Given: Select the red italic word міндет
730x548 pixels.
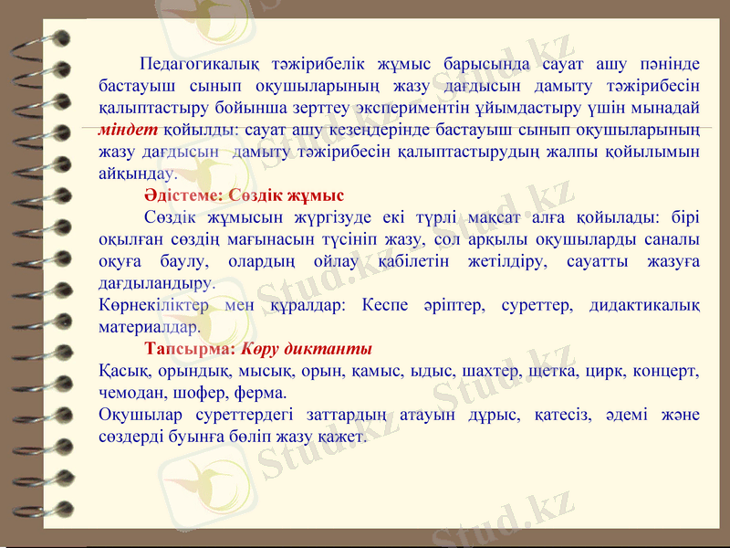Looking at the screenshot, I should [128, 129].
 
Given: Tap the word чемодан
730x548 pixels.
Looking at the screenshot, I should [130, 394].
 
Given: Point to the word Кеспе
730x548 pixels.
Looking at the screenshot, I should [384, 305].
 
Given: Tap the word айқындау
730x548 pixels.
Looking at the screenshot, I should [137, 173].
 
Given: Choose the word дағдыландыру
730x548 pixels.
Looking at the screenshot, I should [156, 284].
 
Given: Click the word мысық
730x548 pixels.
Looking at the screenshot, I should [276, 372].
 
